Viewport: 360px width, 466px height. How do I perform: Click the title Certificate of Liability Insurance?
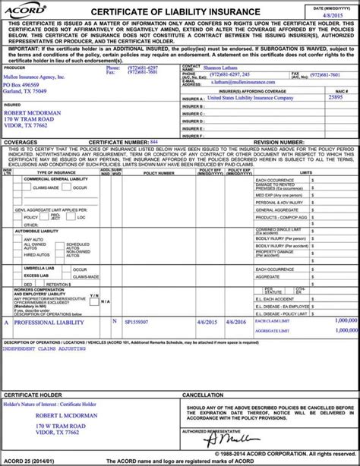[178, 11]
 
